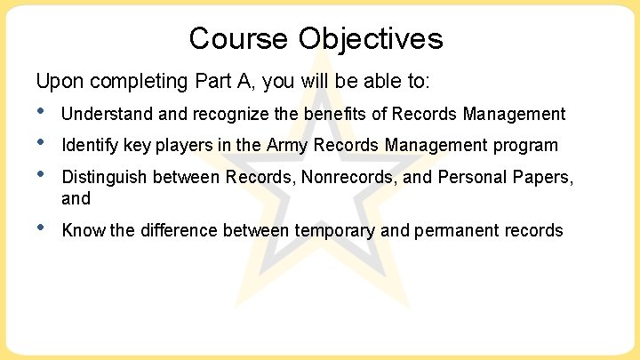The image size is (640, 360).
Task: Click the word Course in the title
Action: pyautogui.click(x=238, y=38)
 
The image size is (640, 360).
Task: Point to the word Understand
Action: pyautogui.click(x=105, y=114)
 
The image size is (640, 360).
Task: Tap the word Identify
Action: pyautogui.click(x=88, y=145)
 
